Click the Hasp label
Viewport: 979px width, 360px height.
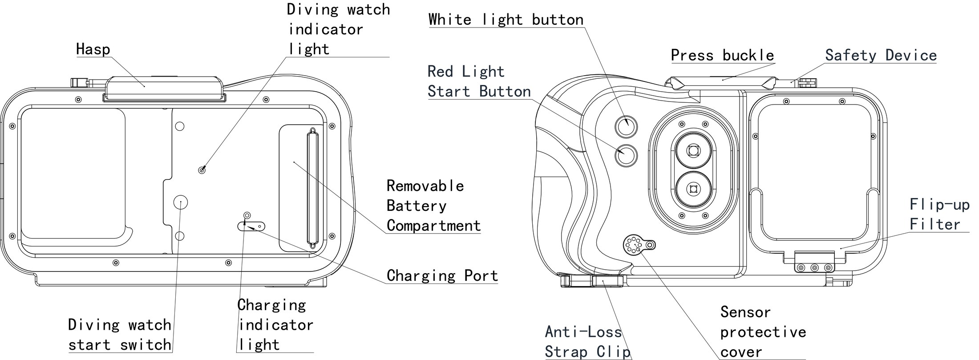(93, 49)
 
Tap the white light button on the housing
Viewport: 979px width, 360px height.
(626, 126)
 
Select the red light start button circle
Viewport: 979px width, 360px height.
(626, 155)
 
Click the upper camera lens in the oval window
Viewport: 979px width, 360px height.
(693, 151)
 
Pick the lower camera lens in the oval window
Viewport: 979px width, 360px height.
(693, 189)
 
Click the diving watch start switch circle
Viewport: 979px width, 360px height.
(180, 202)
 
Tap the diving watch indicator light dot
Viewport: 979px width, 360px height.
(202, 170)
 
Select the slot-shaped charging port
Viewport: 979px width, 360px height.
(251, 227)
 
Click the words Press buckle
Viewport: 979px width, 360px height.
(723, 55)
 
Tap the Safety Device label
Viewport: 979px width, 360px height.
(881, 55)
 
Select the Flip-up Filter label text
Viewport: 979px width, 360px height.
(939, 214)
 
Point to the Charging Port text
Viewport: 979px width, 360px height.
(442, 275)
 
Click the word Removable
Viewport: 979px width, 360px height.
(425, 186)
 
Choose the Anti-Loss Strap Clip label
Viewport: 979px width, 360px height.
(588, 342)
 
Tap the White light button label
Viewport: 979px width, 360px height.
(506, 20)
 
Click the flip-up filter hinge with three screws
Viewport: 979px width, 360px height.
(814, 263)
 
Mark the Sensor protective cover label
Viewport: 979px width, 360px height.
(763, 332)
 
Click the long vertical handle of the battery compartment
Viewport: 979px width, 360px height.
(312, 188)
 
